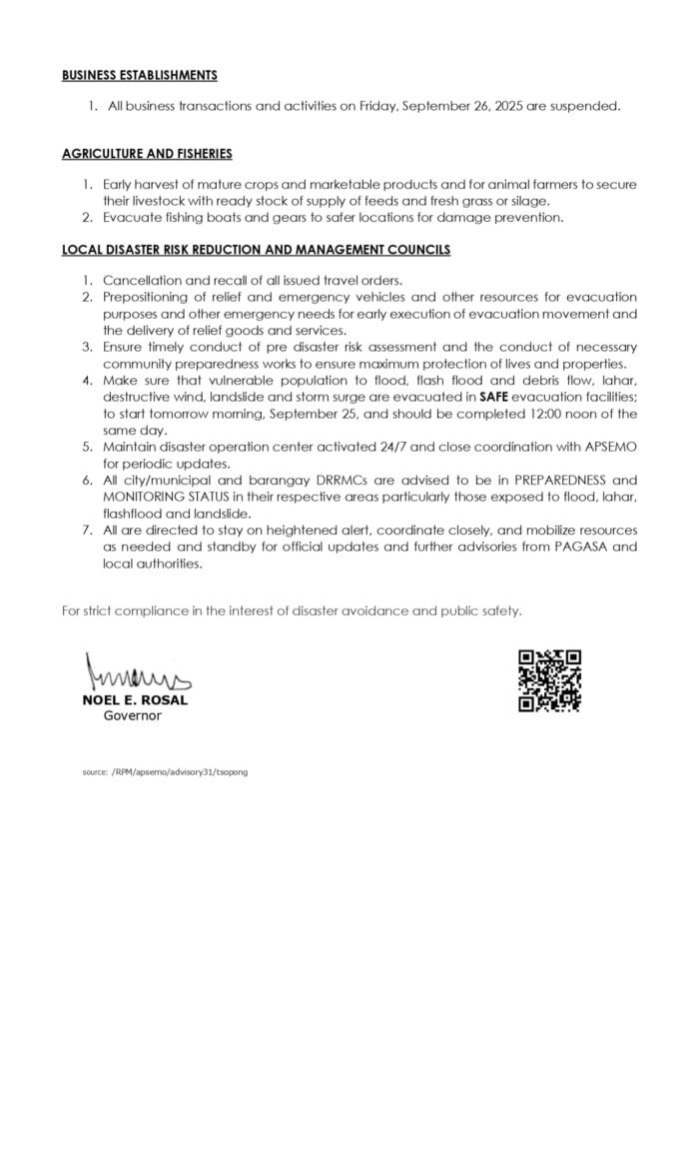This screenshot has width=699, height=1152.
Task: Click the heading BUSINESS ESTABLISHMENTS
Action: coord(139,75)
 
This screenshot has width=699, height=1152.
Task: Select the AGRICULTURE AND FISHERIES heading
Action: coord(147,154)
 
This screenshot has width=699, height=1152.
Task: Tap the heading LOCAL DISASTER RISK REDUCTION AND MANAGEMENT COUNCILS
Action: coord(256,249)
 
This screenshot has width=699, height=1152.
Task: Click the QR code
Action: coord(549,680)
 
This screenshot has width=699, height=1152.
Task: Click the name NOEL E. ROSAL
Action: coord(135,699)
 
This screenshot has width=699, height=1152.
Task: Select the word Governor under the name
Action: coord(133,715)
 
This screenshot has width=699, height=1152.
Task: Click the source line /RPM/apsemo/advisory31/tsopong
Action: coord(165,772)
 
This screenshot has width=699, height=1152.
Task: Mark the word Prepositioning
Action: coord(146,298)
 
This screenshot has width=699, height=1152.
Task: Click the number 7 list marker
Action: coord(87,531)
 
